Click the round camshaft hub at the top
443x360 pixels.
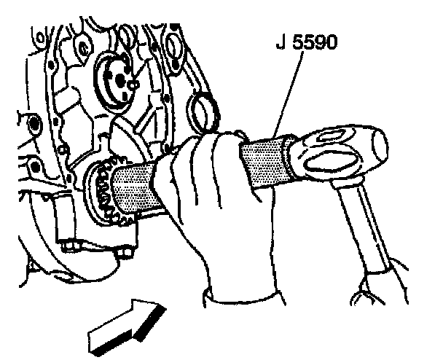click(117, 80)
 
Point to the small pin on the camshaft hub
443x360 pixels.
click(133, 85)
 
